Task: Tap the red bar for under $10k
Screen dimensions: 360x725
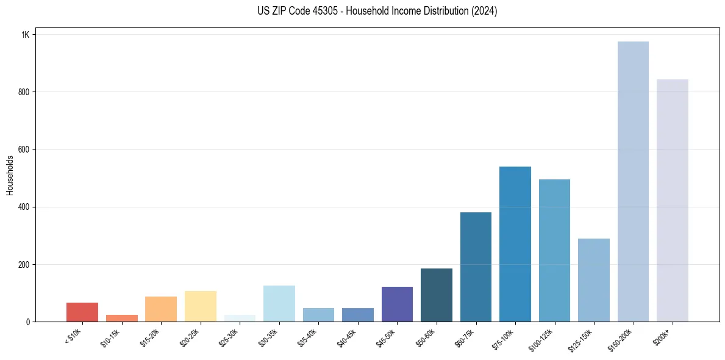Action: pos(82,312)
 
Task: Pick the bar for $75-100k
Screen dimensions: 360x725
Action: pos(515,244)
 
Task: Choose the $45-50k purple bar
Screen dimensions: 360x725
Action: pos(397,304)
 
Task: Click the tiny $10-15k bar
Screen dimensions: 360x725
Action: pos(121,319)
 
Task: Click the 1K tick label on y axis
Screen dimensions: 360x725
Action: pos(26,35)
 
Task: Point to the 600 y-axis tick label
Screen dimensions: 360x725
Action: pos(24,149)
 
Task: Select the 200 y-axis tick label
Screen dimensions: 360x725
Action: pos(24,264)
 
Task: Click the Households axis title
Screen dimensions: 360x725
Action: pos(10,175)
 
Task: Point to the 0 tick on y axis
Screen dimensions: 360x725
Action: pos(28,322)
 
